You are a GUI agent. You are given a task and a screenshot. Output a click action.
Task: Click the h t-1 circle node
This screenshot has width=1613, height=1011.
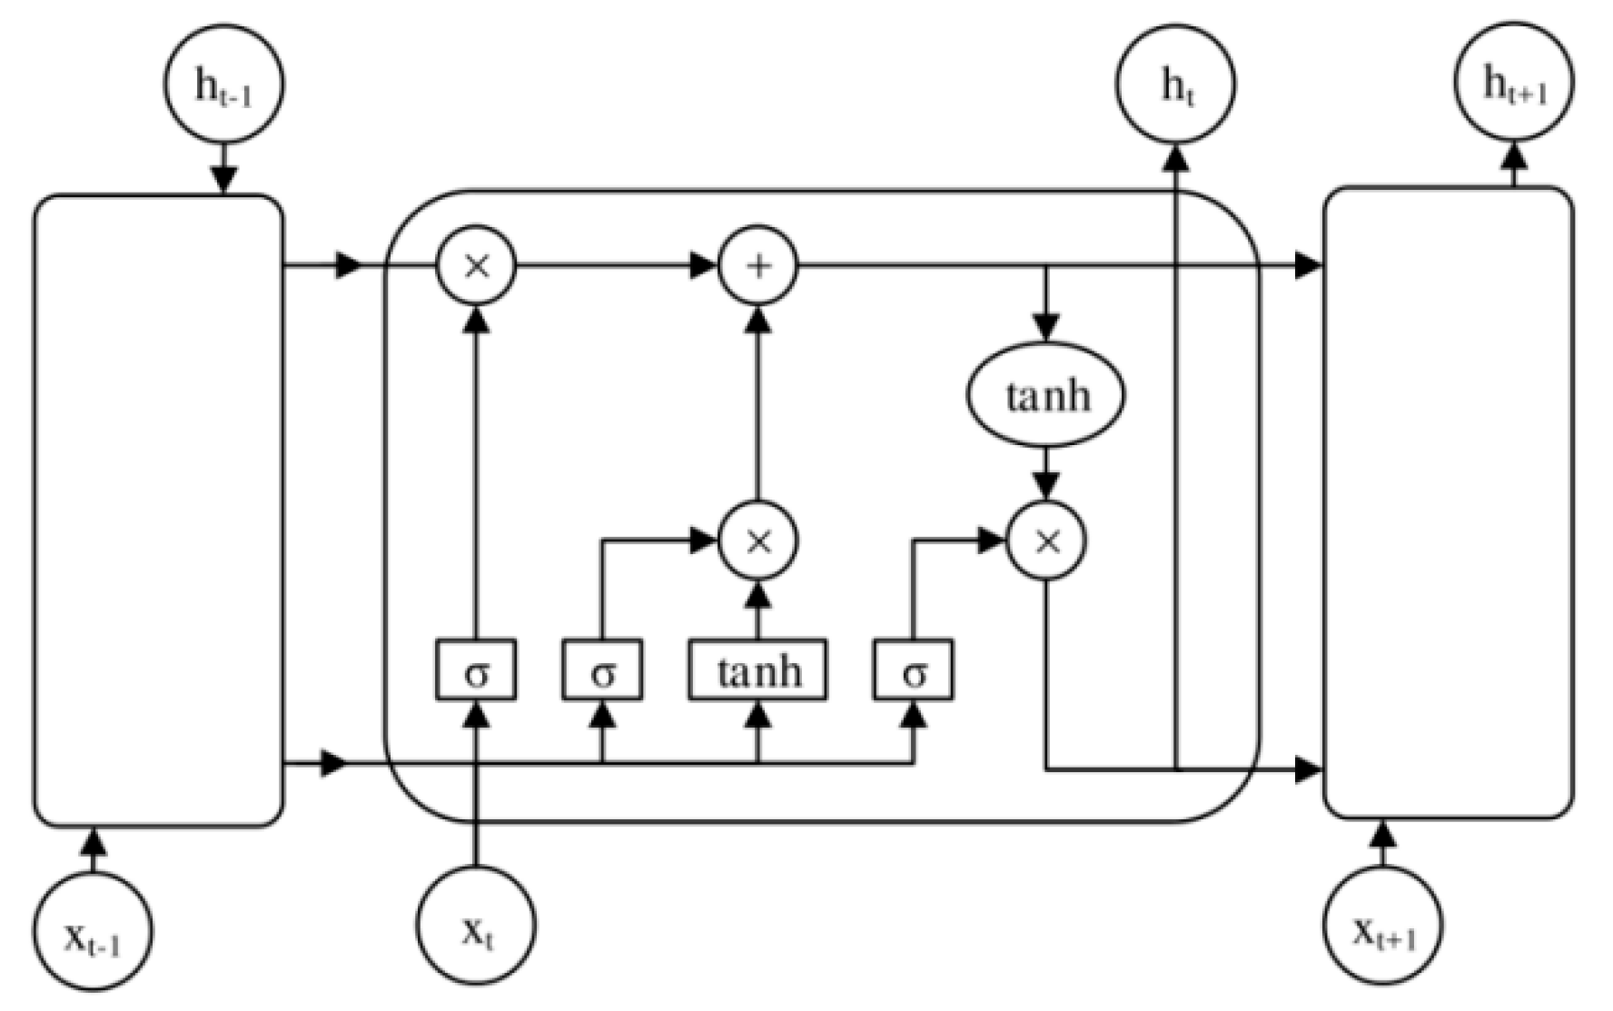223,84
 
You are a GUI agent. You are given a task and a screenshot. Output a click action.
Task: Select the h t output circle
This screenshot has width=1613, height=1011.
1175,84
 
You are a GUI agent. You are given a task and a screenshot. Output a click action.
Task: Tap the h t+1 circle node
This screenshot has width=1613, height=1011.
1514,82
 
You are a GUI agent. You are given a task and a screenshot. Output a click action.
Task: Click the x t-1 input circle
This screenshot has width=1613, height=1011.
93,931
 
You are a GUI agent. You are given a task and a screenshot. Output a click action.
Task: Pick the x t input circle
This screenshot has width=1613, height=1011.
476,926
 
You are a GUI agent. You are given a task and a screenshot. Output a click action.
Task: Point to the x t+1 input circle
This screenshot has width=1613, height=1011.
1382,926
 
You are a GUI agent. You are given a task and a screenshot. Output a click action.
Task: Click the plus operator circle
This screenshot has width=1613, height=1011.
758,265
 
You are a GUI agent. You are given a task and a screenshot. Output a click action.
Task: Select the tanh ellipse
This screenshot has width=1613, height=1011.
1046,395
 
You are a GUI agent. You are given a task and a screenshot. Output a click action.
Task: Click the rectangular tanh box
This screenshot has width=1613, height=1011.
758,670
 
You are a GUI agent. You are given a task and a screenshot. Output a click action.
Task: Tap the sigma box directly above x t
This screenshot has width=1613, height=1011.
476,670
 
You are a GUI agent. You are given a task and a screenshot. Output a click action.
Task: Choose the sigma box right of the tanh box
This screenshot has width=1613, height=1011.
914,670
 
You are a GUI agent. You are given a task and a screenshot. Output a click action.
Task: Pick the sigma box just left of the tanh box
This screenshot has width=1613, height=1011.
602,670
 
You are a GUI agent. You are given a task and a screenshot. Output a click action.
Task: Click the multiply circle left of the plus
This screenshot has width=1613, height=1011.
476,265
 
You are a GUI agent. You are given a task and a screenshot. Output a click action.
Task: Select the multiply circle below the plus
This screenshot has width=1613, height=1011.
758,540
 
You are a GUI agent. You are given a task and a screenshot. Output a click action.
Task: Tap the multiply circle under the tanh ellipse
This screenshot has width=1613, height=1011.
1046,540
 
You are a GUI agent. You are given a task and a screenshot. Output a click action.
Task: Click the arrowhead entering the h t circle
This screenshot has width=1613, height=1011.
1176,156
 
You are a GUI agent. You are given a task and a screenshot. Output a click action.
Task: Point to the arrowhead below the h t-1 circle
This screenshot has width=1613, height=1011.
223,180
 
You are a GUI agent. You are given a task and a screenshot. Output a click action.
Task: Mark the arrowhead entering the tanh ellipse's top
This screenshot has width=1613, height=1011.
1046,328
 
